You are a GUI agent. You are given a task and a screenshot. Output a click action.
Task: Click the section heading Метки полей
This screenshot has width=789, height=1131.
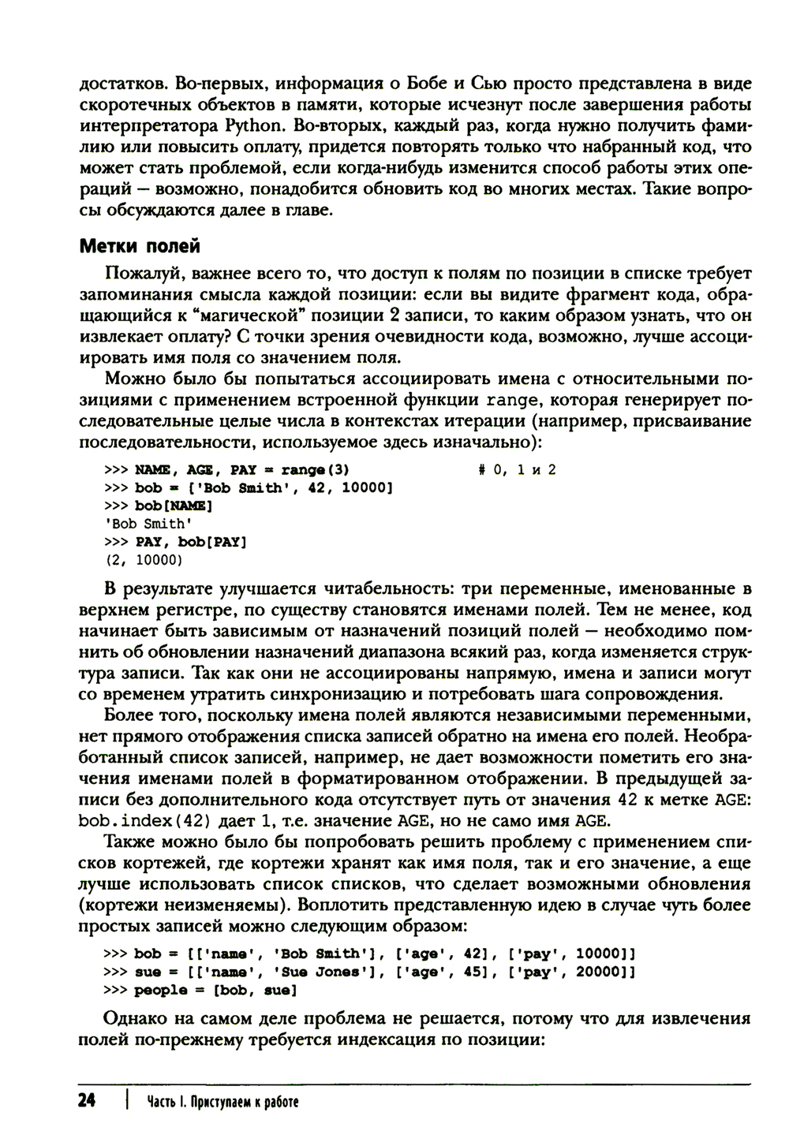140,246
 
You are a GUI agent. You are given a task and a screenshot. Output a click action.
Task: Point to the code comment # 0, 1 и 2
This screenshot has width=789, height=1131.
518,469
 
